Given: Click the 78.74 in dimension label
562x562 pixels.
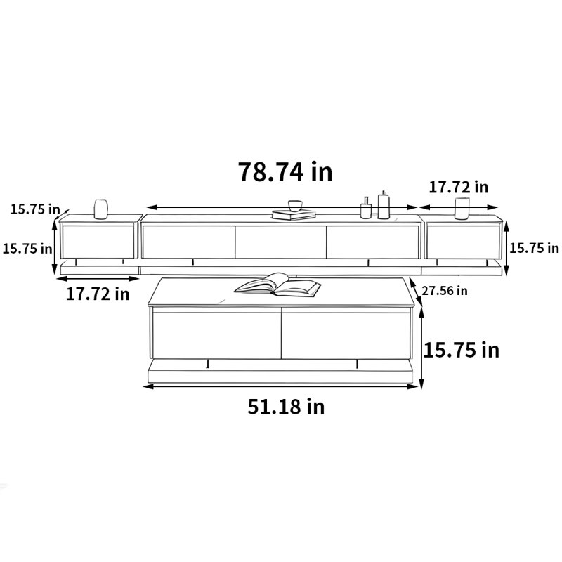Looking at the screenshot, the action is pyautogui.click(x=285, y=171).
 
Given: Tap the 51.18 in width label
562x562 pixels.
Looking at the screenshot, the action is pyautogui.click(x=286, y=407).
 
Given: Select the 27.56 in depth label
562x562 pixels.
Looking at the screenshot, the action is pyautogui.click(x=445, y=291).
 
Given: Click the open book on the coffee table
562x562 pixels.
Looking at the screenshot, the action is pyautogui.click(x=277, y=285).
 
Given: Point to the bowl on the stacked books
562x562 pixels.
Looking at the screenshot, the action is pyautogui.click(x=295, y=206).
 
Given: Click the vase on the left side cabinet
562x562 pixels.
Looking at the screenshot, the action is pyautogui.click(x=100, y=209).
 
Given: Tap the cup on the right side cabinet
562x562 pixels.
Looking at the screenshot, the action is pyautogui.click(x=462, y=208).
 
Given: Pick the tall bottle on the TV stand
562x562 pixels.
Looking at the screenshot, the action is pyautogui.click(x=384, y=205).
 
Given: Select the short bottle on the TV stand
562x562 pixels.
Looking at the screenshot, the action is pyautogui.click(x=365, y=208).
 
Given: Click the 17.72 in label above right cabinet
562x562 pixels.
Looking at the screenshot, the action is pyautogui.click(x=459, y=187).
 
